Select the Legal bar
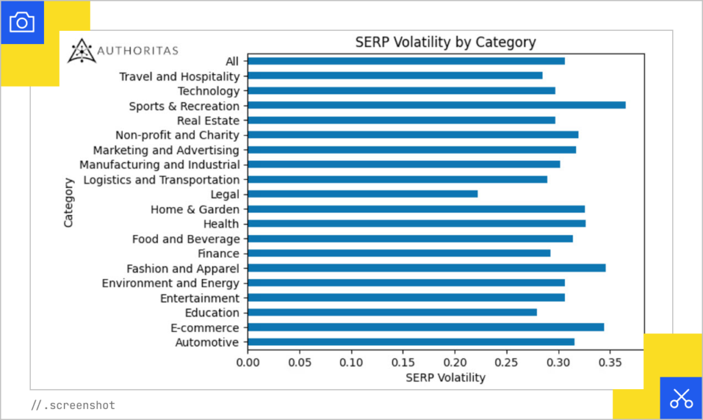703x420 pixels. [x=362, y=194]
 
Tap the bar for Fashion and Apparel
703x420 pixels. [x=426, y=268]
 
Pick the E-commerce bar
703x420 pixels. [x=426, y=327]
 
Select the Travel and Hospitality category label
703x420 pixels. [x=179, y=76]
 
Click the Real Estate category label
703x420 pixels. [x=208, y=120]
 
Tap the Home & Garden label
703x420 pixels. [x=195, y=209]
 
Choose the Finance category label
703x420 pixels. [x=218, y=254]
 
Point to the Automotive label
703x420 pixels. [x=207, y=342]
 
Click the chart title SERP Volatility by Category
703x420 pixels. [x=445, y=42]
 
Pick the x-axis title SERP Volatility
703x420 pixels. [x=445, y=377]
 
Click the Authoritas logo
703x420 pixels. [x=123, y=51]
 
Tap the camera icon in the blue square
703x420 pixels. [x=22, y=23]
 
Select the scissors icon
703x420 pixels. [x=681, y=398]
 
